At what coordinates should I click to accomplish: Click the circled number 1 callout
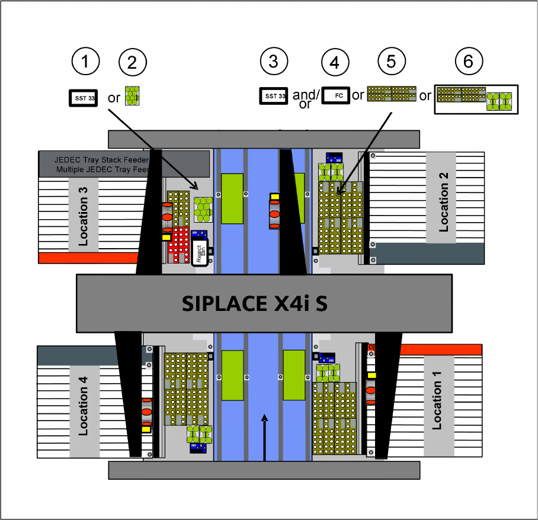click(x=87, y=61)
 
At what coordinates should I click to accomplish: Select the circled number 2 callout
click(x=132, y=62)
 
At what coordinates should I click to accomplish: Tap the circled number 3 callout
click(x=273, y=62)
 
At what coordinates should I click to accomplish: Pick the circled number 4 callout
click(x=335, y=62)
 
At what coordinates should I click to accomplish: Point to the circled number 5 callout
click(x=393, y=62)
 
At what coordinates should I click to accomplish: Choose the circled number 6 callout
click(x=469, y=62)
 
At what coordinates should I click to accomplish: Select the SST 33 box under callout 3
click(x=274, y=96)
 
